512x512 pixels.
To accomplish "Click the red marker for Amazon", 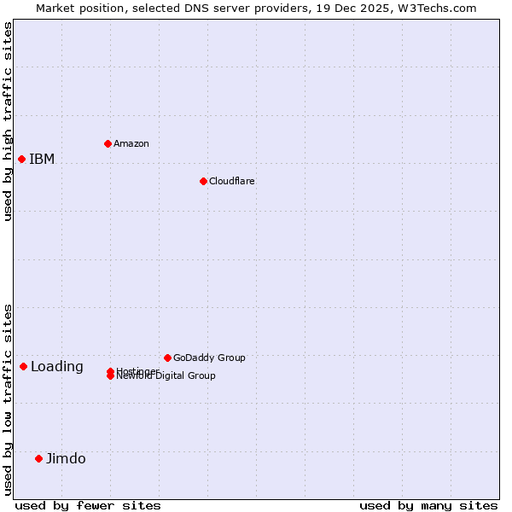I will [x=108, y=143].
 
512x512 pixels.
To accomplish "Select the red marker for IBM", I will [x=21, y=159].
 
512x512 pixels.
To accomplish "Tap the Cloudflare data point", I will [x=203, y=181].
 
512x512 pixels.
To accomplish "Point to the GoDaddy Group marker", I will [x=167, y=358].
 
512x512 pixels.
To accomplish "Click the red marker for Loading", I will [x=23, y=366].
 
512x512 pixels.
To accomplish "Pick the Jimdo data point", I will [x=38, y=458].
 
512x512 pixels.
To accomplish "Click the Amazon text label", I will [x=131, y=143].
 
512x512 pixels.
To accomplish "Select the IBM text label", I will [x=42, y=159].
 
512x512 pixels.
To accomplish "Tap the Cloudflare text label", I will [x=232, y=181].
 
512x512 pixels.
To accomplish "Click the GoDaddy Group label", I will [x=209, y=358].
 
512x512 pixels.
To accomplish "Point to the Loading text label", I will [x=57, y=367].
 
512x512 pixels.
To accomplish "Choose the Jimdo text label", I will [x=66, y=459].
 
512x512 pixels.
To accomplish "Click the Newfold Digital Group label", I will [x=166, y=376].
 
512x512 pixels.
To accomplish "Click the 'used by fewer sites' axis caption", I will [x=88, y=505].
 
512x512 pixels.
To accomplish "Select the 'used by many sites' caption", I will [x=428, y=505].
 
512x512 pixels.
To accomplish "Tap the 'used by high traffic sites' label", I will [x=8, y=121].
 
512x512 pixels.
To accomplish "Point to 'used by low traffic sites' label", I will [x=8, y=399].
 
